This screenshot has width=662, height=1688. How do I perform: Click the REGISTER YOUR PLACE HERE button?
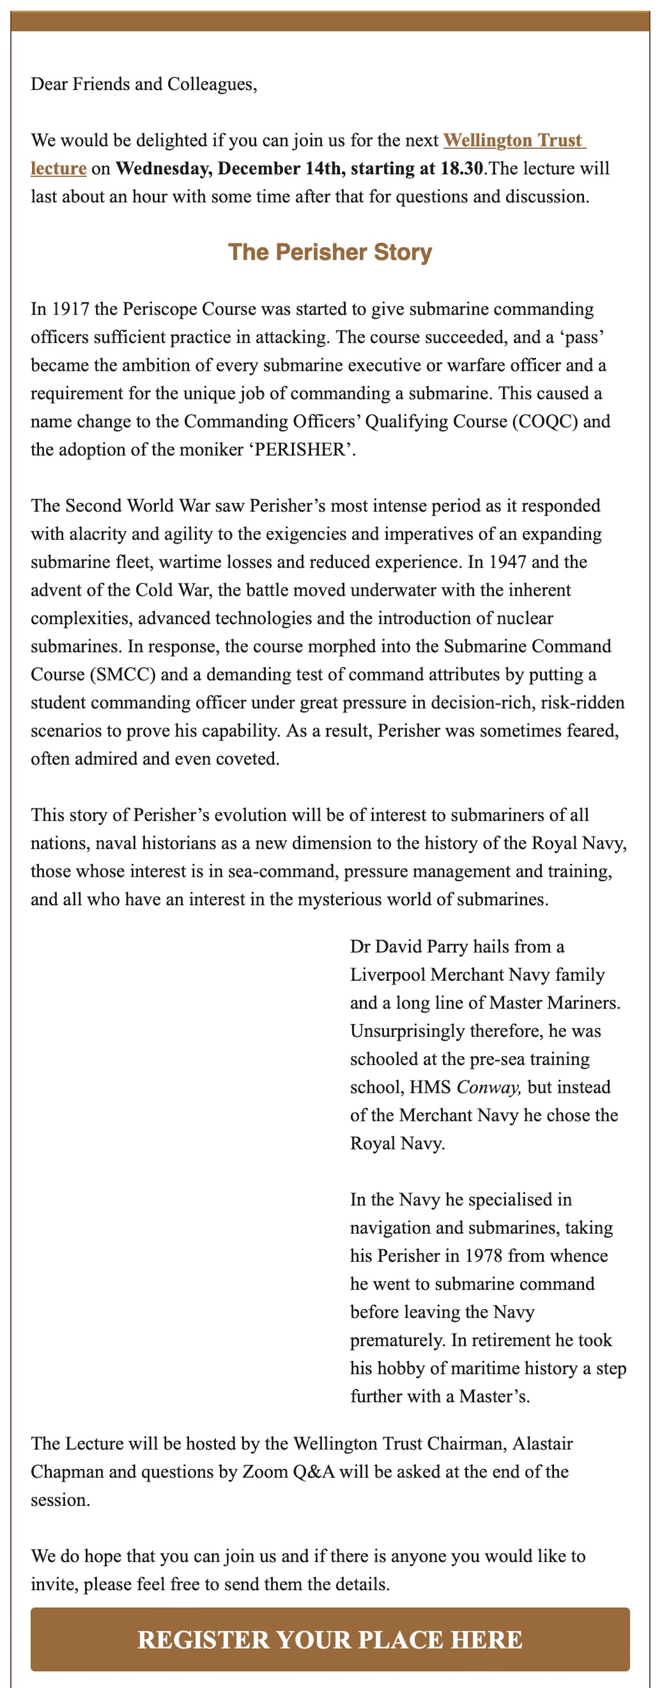(x=330, y=1639)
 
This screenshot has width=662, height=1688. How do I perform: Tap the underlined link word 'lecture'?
(x=58, y=169)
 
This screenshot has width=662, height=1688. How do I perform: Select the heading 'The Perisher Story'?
(x=330, y=252)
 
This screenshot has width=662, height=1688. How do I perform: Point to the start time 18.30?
(x=462, y=169)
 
